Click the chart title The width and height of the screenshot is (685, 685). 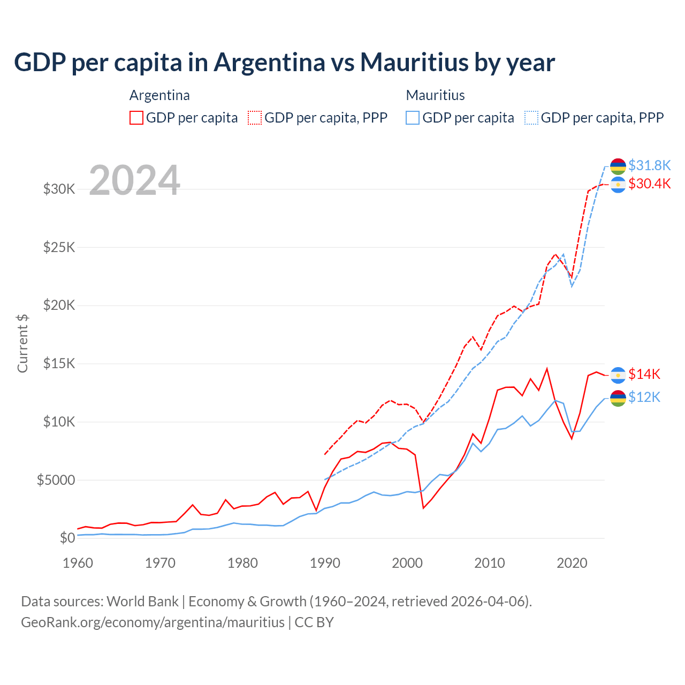click(284, 63)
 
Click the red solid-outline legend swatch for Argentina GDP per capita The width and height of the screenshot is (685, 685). click(136, 118)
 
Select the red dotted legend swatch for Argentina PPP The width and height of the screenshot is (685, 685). click(255, 118)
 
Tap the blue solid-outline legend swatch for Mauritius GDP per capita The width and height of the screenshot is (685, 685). click(413, 118)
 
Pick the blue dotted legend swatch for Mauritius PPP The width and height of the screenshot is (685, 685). click(531, 118)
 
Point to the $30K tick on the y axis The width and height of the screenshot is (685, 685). click(59, 189)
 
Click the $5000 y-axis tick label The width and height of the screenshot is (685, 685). click(56, 480)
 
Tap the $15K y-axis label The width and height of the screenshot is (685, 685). click(59, 363)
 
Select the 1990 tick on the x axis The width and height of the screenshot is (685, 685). click(325, 563)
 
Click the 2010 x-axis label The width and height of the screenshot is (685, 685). click(490, 563)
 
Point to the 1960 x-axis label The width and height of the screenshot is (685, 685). click(78, 563)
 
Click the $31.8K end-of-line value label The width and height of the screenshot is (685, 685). click(649, 165)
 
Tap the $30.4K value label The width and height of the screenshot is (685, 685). click(649, 184)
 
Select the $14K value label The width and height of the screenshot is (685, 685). click(644, 374)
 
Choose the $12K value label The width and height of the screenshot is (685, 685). click(644, 397)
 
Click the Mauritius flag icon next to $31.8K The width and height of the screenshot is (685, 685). click(618, 166)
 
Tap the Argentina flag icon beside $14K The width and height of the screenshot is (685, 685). click(618, 375)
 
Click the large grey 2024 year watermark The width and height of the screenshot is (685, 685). click(134, 180)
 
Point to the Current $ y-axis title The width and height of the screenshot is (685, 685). click(22, 343)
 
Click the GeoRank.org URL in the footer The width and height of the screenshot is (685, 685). click(153, 622)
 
